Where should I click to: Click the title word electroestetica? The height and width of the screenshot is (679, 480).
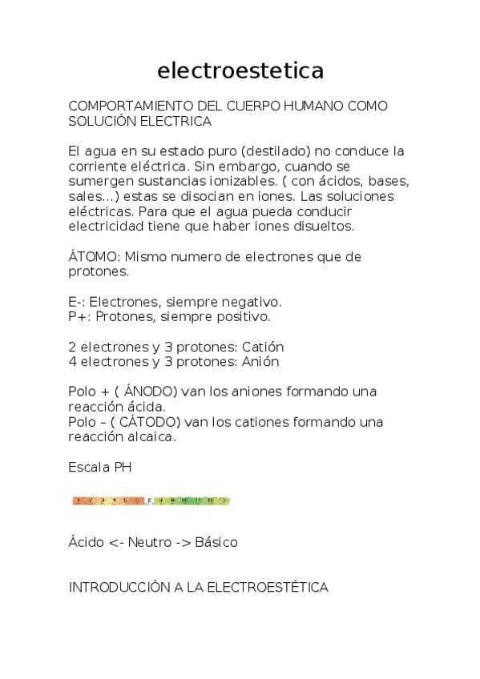click(240, 71)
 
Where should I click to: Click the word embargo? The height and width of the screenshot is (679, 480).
click(248, 167)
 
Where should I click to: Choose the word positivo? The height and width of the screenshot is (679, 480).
click(243, 317)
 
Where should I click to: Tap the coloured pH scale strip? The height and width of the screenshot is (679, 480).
click(151, 501)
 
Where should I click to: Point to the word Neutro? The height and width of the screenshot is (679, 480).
click(149, 543)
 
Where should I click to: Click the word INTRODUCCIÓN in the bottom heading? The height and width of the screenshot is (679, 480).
click(119, 588)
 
